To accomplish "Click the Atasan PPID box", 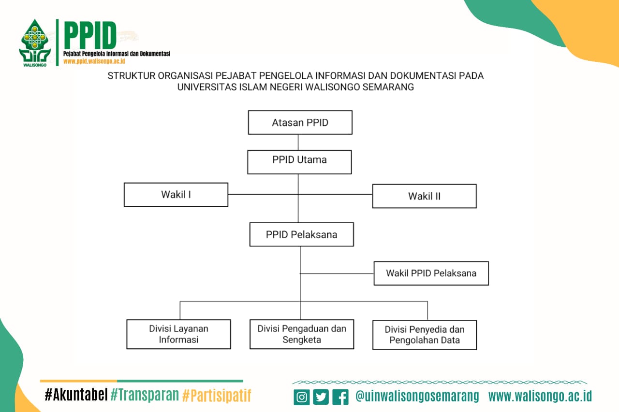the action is [x=300, y=123].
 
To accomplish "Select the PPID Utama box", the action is [x=299, y=162].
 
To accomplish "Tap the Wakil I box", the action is [x=176, y=195].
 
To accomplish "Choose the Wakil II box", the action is [x=425, y=196].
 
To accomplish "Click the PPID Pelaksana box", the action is [x=301, y=234].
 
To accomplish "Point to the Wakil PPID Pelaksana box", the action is [x=431, y=273].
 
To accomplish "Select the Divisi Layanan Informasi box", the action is [x=178, y=334].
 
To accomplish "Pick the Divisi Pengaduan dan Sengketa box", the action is [x=302, y=334].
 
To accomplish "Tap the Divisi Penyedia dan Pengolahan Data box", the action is [x=425, y=335].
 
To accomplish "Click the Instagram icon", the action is [x=301, y=397].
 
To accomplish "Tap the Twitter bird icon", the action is [x=321, y=397].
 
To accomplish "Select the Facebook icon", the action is [x=340, y=397].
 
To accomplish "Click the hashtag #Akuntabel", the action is [x=76, y=395].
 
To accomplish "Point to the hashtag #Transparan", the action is [x=145, y=395].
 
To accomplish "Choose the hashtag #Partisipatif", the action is [x=217, y=395].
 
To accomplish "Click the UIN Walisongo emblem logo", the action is [x=35, y=43].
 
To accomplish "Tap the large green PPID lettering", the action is [x=90, y=35].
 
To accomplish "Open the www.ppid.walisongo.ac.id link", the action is [x=94, y=61].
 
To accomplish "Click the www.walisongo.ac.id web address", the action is [x=540, y=396].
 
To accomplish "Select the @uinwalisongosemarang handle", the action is [x=417, y=396].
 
